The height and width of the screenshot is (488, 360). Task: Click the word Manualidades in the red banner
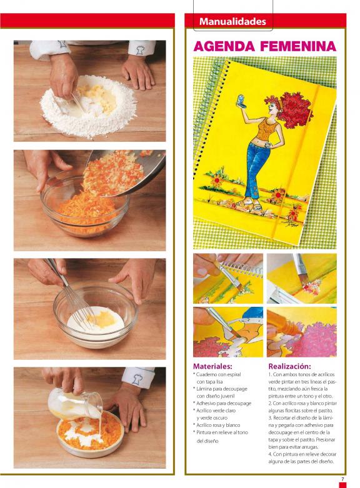tap(232, 21)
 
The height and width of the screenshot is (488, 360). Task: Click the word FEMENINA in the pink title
tap(298, 46)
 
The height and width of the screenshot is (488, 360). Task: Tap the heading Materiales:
tap(212, 366)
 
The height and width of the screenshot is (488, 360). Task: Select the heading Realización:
tap(289, 366)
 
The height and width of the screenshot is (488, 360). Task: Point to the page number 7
tap(343, 479)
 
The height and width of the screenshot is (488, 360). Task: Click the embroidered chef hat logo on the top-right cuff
tap(141, 50)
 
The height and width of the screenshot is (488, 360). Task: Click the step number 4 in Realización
tap(270, 454)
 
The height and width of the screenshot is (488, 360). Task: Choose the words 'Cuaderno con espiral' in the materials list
tap(219, 374)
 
